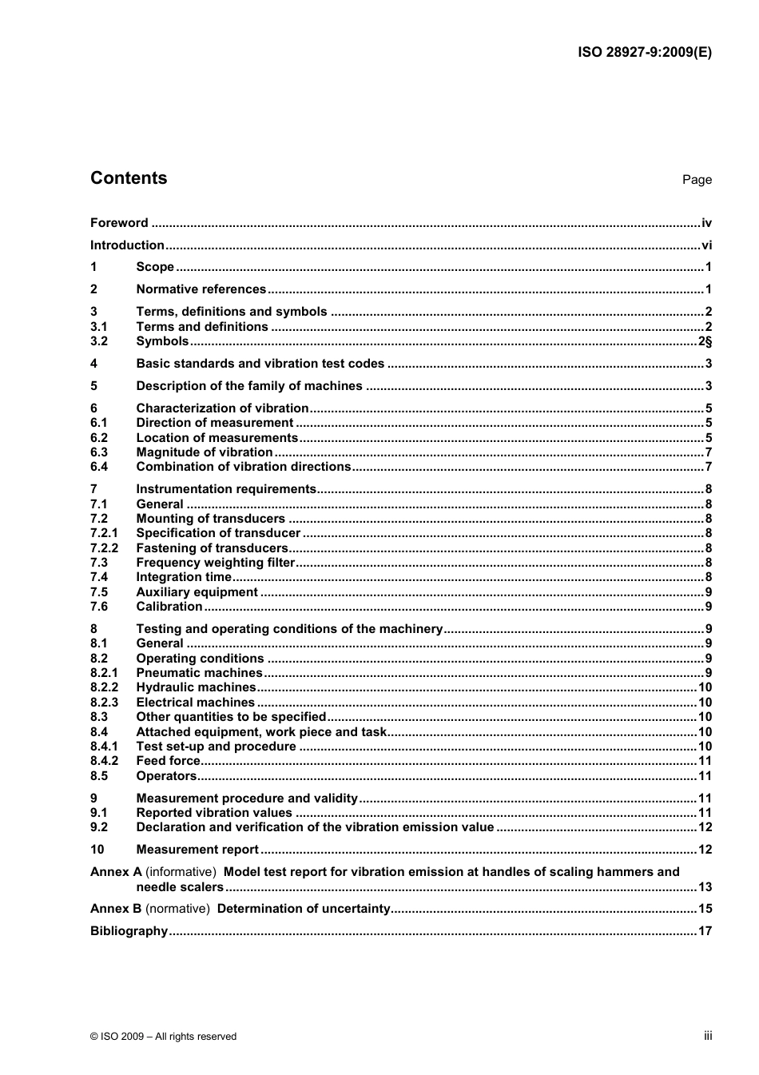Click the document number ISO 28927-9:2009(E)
[644, 53]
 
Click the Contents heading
[129, 178]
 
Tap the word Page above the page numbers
[697, 180]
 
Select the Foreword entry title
[119, 223]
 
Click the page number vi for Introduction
[706, 245]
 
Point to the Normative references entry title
[201, 289]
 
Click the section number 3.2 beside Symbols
[99, 341]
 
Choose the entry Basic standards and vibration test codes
[260, 364]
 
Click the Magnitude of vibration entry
[204, 452]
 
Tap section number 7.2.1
[104, 533]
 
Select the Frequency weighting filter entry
[215, 563]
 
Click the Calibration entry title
[169, 607]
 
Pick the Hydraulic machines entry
[196, 687]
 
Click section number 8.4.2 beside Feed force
[104, 761]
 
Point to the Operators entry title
[166, 776]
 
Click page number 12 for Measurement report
[705, 850]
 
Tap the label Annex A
[116, 872]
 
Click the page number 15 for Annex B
[705, 909]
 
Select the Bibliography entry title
[129, 931]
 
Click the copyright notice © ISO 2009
[163, 1037]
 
